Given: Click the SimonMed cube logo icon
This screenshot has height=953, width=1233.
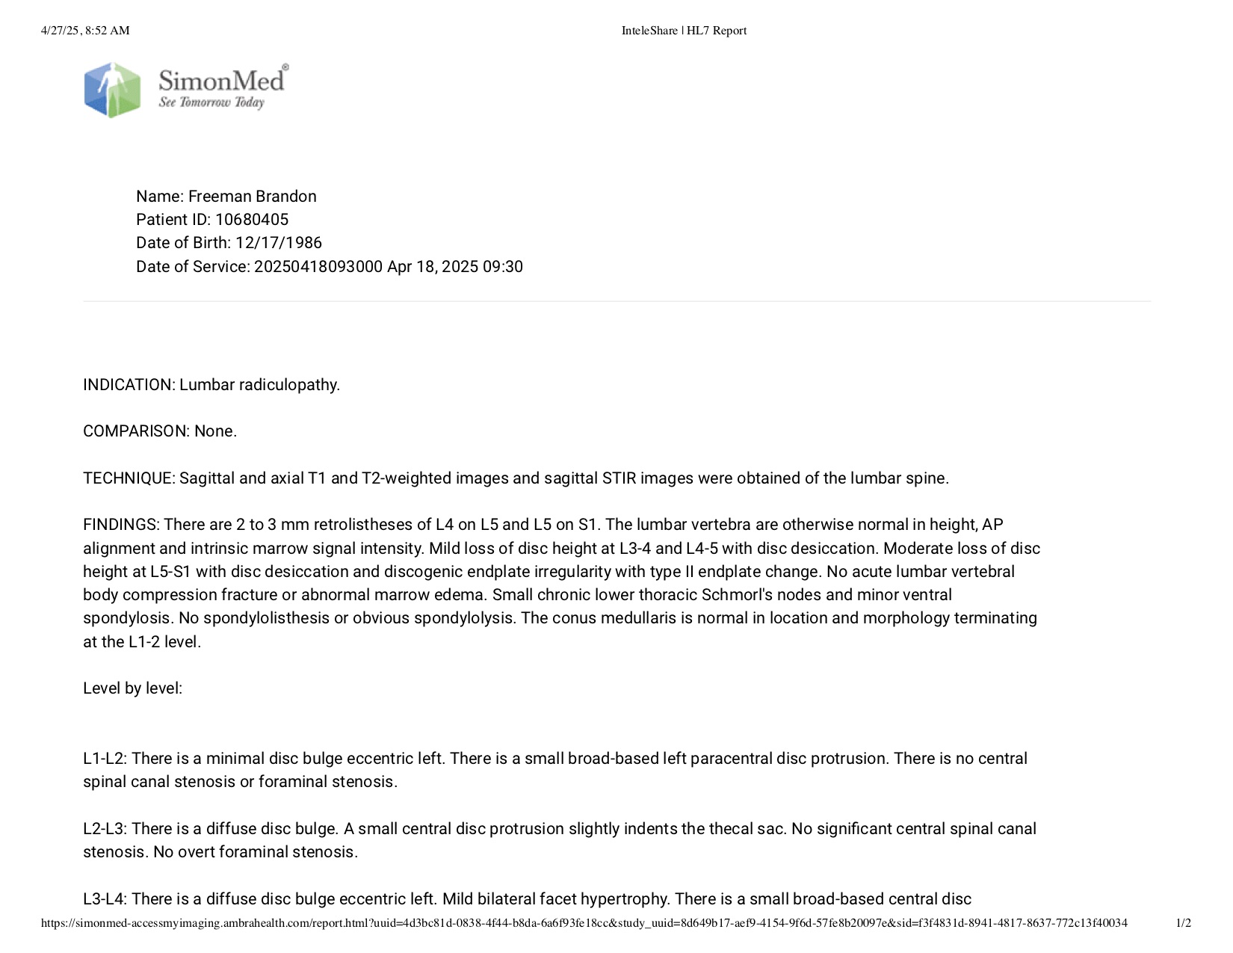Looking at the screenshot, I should click(112, 90).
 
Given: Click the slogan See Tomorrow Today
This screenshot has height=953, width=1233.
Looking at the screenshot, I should click(211, 102).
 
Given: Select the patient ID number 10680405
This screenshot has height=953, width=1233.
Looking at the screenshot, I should click(252, 220).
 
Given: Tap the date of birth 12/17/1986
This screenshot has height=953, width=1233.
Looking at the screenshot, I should click(279, 243).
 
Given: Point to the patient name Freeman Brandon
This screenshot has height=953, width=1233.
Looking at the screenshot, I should click(253, 197).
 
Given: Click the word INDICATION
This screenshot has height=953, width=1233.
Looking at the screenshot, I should click(129, 385).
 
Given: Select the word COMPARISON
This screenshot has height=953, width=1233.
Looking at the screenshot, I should click(135, 431).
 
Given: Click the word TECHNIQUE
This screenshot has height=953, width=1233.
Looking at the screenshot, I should click(128, 478).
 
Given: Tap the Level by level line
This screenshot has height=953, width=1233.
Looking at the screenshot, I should click(133, 688).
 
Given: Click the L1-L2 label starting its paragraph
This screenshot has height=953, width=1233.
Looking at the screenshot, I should click(105, 759).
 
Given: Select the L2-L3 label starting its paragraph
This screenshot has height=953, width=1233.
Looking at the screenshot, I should click(105, 829).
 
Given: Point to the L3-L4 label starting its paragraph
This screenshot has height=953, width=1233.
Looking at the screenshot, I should click(105, 899).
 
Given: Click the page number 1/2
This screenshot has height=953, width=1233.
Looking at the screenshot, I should click(1184, 923).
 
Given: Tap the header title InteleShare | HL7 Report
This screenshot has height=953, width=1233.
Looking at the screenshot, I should click(684, 31).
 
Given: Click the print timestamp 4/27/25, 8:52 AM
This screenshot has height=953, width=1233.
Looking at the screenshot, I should click(85, 31).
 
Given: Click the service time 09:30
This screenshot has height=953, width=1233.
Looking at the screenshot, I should click(503, 267).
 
